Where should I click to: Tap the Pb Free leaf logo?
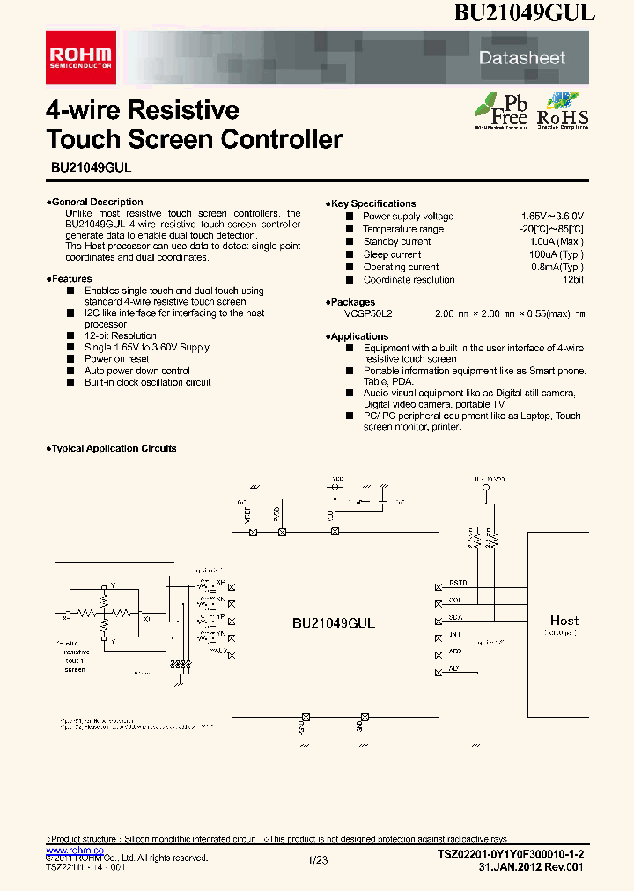(501, 111)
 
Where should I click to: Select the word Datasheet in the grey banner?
(521, 58)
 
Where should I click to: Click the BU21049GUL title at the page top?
(525, 13)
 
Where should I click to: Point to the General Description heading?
(96, 202)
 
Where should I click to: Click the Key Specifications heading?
(372, 203)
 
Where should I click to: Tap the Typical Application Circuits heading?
(113, 448)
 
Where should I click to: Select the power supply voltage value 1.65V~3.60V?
(552, 217)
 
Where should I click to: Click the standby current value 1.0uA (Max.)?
(557, 242)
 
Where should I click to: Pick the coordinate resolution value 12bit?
(573, 280)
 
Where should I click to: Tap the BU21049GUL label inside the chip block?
(334, 622)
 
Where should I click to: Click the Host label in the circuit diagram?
(564, 621)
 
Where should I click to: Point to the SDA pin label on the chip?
(455, 617)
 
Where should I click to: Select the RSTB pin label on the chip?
(458, 583)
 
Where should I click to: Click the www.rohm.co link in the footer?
(74, 850)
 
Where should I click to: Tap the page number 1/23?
(317, 858)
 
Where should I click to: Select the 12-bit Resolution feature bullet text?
(121, 335)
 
